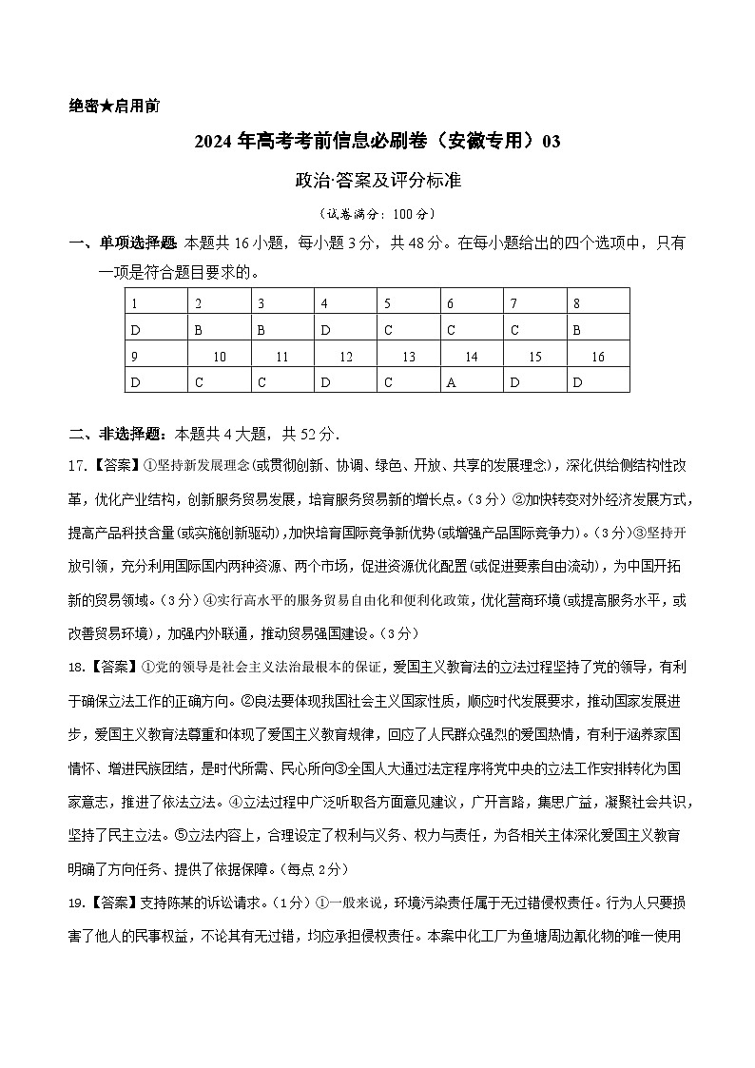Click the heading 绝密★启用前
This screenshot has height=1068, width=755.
pyautogui.click(x=114, y=106)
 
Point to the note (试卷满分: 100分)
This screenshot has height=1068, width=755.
pyautogui.click(x=377, y=214)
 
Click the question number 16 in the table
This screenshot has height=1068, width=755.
pyautogui.click(x=598, y=357)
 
